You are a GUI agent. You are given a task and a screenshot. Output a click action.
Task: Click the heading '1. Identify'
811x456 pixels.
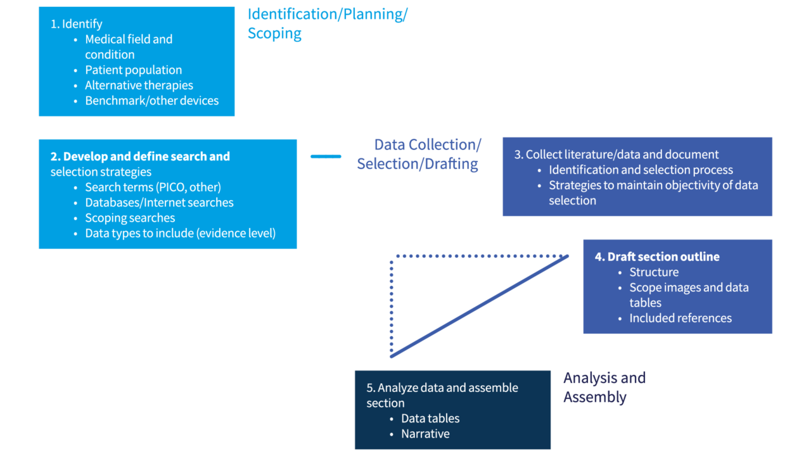76,24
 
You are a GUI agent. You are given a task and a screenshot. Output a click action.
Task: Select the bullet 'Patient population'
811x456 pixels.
133,70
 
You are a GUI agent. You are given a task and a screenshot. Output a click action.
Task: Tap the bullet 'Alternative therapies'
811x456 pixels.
139,85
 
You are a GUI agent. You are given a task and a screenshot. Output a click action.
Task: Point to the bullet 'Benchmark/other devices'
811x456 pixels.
151,101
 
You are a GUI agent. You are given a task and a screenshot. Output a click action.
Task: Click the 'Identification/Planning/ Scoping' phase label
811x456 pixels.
327,23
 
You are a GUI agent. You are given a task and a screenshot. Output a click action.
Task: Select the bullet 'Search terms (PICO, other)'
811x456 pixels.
153,187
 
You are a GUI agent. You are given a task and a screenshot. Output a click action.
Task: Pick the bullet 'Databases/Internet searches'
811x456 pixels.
159,203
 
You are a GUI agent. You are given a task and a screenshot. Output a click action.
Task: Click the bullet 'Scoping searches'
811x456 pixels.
130,218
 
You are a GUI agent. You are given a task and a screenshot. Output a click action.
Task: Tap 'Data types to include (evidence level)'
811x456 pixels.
180,233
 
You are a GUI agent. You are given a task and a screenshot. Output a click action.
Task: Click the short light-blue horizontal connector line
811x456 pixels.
326,156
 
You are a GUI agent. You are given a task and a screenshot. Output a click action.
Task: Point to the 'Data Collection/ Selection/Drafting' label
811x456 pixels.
418,155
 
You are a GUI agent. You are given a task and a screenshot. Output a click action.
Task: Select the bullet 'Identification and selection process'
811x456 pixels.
641,170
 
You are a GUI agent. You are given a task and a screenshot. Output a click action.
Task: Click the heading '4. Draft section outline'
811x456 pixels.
657,257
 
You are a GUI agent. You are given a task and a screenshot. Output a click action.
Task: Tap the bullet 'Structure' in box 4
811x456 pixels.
654,272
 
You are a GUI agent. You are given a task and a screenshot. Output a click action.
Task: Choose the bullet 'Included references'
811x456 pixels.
680,319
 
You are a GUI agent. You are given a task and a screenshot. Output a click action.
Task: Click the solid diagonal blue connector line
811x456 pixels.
480,307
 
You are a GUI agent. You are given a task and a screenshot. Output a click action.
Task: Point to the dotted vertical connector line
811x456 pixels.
392,304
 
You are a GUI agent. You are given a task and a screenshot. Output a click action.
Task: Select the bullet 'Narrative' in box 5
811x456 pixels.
425,434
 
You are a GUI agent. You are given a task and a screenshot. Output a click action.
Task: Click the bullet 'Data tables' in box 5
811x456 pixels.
430,419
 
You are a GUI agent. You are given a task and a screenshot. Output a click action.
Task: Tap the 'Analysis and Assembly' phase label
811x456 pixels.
604,388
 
